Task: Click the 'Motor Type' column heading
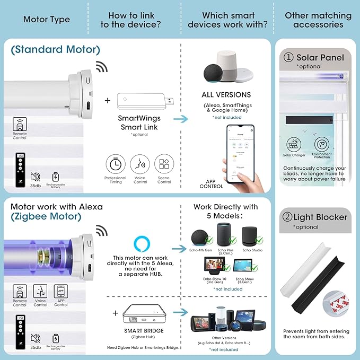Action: click(47, 20)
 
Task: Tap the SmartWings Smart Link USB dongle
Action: click(139, 101)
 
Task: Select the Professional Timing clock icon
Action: click(115, 163)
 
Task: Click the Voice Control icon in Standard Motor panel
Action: click(140, 163)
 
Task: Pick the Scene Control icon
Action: click(164, 163)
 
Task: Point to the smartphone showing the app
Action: click(238, 154)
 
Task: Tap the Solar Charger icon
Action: click(295, 145)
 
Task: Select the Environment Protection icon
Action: click(321, 145)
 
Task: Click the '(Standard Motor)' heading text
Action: click(55, 50)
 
